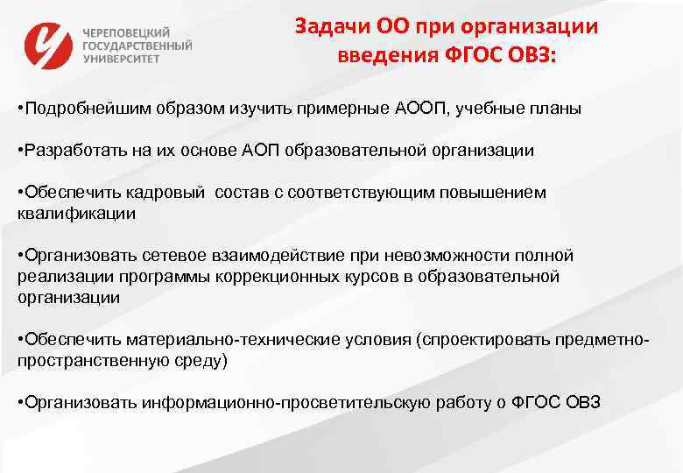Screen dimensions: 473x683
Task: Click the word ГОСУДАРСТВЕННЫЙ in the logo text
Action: [137, 46]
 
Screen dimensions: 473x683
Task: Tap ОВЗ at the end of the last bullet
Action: [581, 402]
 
